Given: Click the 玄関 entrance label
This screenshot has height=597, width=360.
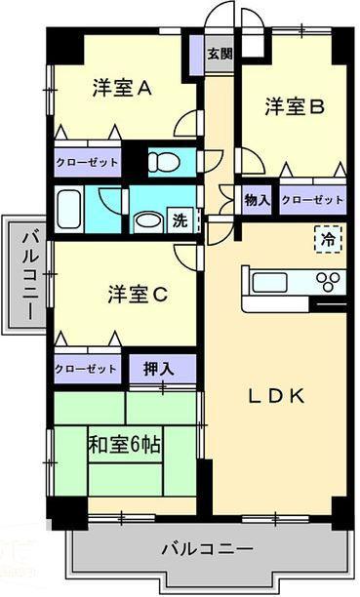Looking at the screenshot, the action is click(x=220, y=54).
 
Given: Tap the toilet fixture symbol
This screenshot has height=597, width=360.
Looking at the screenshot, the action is click(x=164, y=162).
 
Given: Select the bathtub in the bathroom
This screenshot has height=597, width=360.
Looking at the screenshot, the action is click(x=69, y=209).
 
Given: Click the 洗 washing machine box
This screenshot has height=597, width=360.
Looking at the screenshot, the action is click(x=180, y=220).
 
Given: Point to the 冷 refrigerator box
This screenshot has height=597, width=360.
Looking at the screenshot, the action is click(x=329, y=240).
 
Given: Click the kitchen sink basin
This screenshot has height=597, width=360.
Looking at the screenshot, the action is click(x=269, y=283).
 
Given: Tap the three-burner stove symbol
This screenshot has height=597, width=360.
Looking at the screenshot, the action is click(x=329, y=282).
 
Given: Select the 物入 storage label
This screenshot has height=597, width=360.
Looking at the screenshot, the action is click(x=258, y=199).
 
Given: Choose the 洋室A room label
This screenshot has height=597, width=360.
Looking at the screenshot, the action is click(x=122, y=88).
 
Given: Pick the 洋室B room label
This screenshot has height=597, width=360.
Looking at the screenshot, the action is click(x=295, y=106).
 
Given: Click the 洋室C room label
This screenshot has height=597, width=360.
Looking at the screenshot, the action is click(x=138, y=295).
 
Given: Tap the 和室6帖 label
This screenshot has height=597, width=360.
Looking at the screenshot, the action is click(x=124, y=444).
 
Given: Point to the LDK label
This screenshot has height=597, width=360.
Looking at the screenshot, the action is click(x=276, y=396).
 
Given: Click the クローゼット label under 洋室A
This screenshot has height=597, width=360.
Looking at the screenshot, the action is click(x=87, y=162).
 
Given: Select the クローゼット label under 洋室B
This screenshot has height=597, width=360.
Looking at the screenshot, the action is click(x=312, y=200).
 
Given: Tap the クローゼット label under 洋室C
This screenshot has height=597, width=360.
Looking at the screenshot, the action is click(x=86, y=369).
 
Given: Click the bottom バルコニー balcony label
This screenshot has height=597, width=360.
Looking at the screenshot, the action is click(x=208, y=549).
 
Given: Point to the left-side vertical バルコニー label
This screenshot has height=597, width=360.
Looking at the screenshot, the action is click(x=30, y=275).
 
